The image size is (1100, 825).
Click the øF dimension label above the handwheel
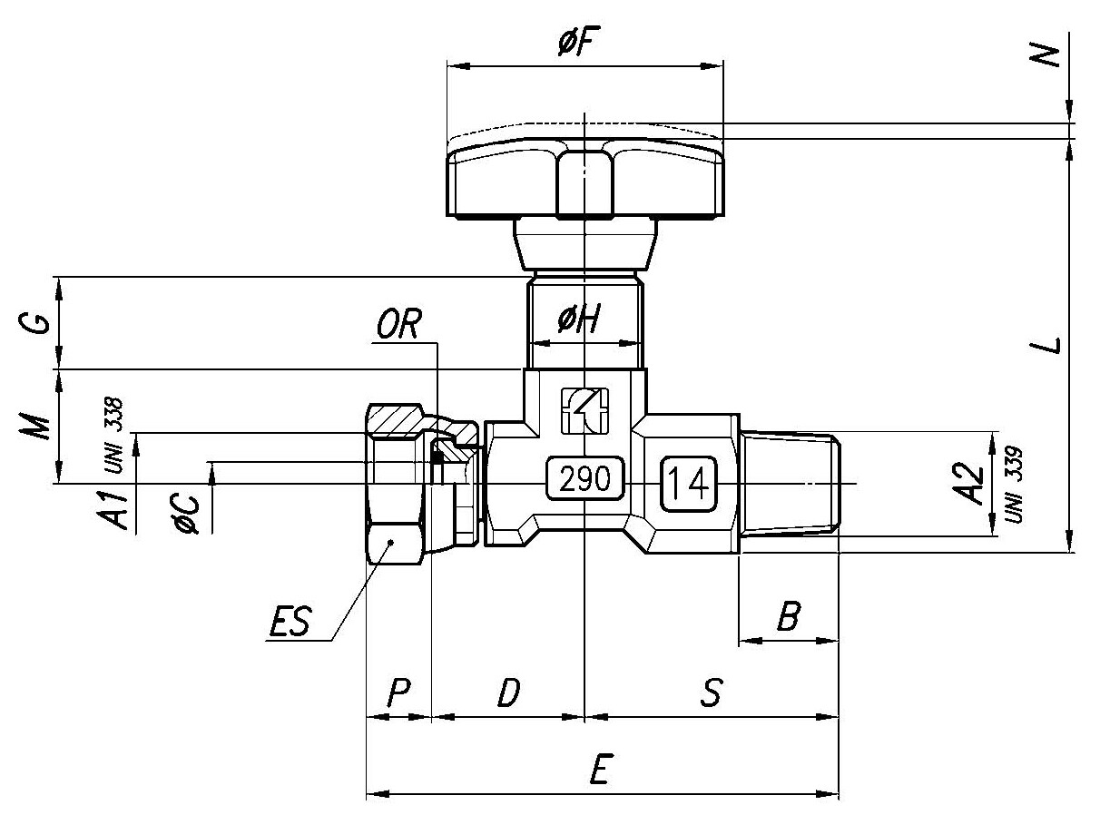(x=579, y=42)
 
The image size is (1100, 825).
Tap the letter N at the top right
(x=1044, y=55)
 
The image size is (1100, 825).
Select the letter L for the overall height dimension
(x=1045, y=345)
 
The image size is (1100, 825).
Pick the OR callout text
(x=399, y=324)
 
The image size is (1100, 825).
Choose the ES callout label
(x=290, y=621)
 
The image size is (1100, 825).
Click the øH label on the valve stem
(x=579, y=319)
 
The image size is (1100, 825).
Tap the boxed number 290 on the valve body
(x=584, y=478)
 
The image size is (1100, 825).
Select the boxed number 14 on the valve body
(x=689, y=484)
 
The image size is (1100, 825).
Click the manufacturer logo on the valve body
(x=584, y=411)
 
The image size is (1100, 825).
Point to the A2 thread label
(x=968, y=484)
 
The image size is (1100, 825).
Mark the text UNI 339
(x=1012, y=485)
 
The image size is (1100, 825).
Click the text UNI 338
(x=113, y=436)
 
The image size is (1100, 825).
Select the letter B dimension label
(x=789, y=615)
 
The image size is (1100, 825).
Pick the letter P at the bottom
(x=399, y=692)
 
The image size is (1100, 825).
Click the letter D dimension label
(x=509, y=692)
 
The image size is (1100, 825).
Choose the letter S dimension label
(x=712, y=692)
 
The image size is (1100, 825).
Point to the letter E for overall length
(x=600, y=769)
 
